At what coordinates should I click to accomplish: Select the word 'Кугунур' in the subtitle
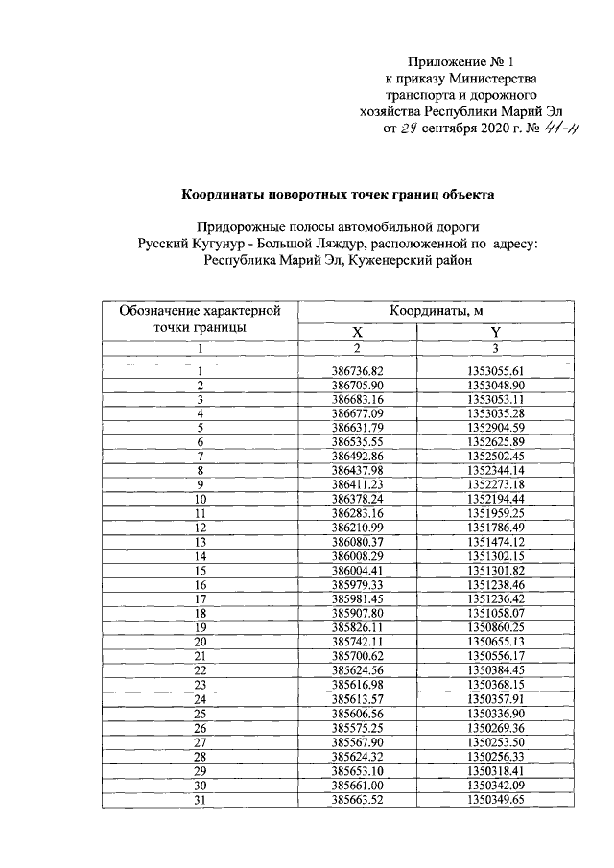(x=224, y=244)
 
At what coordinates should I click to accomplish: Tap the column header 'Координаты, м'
(x=437, y=311)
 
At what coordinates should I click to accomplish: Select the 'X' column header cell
(x=357, y=332)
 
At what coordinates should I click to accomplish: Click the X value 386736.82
(x=357, y=371)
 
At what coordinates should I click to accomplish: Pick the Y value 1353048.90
(x=495, y=385)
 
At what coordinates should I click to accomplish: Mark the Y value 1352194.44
(x=495, y=500)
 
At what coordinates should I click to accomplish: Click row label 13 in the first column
(x=201, y=542)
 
